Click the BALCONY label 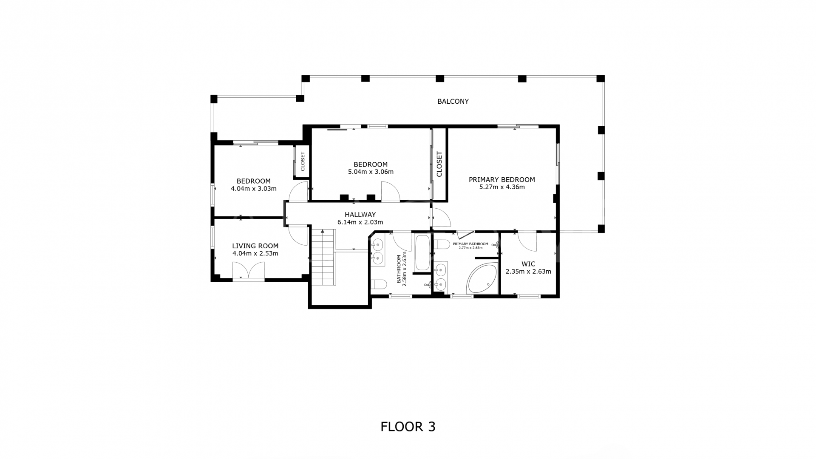453,101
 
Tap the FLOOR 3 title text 408,426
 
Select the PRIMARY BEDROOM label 501,179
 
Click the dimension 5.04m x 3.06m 371,172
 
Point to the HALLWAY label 360,215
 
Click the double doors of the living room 249,270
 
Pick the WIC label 528,264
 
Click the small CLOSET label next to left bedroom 303,161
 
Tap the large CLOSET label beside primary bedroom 439,164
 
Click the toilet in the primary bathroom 442,244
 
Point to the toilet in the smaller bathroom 379,284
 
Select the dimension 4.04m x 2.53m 255,254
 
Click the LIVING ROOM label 255,246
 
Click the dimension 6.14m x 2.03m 360,222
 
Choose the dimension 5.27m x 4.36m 501,187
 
